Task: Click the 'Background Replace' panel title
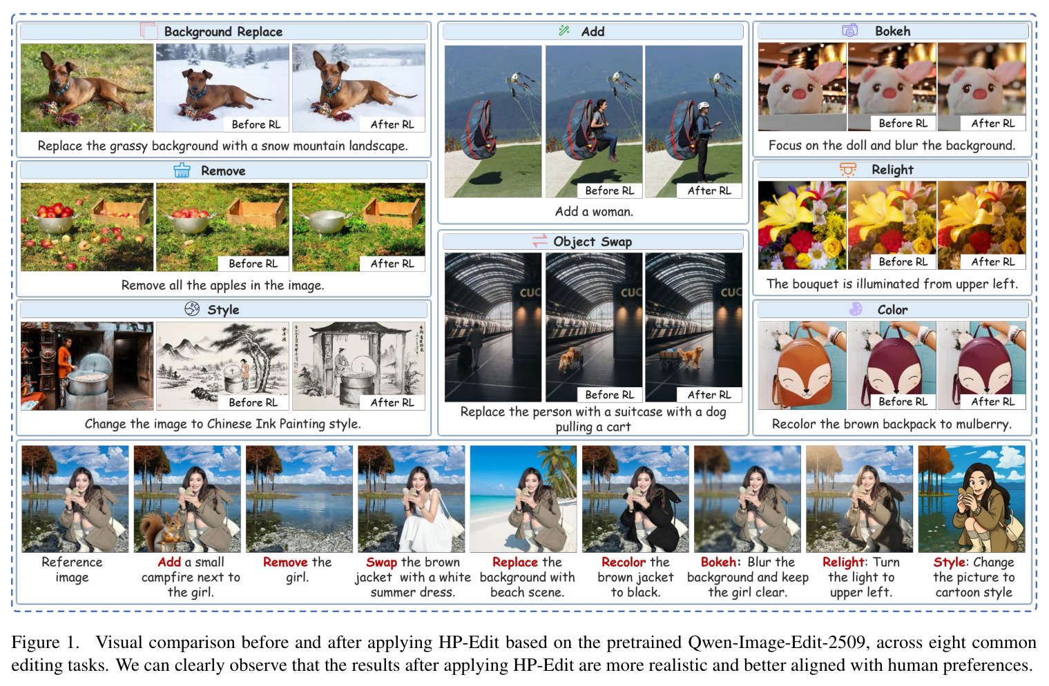click(x=223, y=32)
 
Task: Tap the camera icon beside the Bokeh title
click(x=850, y=31)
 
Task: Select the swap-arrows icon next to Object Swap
click(x=539, y=241)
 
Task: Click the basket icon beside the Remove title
click(x=182, y=170)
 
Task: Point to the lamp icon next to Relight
click(x=847, y=169)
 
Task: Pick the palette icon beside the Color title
click(x=856, y=309)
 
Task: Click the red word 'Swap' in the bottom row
click(x=381, y=562)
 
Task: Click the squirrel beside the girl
click(x=162, y=531)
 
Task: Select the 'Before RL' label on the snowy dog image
click(x=256, y=124)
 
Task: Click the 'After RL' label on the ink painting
click(x=392, y=402)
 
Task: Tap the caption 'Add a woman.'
click(x=594, y=211)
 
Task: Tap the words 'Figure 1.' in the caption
click(x=46, y=642)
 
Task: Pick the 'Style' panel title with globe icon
click(x=212, y=309)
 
